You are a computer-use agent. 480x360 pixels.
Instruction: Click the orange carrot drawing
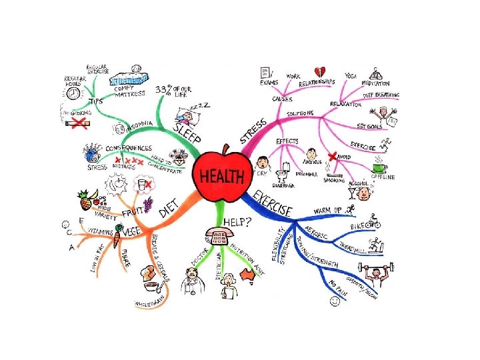117,237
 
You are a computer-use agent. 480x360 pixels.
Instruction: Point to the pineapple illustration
85,199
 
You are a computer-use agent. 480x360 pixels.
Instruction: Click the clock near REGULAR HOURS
73,95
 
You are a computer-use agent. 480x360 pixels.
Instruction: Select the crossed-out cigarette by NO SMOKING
79,125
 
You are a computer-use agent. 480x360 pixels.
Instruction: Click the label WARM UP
328,211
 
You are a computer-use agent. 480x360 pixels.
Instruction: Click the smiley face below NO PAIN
334,301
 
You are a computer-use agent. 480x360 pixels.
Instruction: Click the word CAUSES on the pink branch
283,99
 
